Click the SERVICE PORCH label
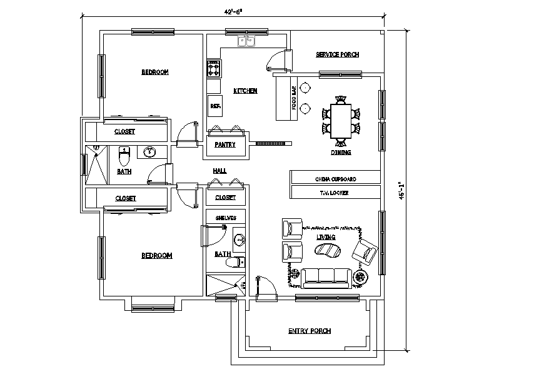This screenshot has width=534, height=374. [x=337, y=55]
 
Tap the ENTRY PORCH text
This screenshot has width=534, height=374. [x=309, y=331]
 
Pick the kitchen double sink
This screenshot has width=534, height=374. [x=246, y=42]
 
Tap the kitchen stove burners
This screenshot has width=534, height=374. [x=214, y=68]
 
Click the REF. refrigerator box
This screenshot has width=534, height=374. [x=214, y=106]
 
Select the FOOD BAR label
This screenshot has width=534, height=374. [x=294, y=98]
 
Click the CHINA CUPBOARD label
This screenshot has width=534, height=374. [x=335, y=178]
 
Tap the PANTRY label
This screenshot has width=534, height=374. [x=224, y=144]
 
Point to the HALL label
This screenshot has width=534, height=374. [x=219, y=170]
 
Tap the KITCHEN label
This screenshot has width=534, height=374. [x=245, y=91]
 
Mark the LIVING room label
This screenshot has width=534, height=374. [x=326, y=238]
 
